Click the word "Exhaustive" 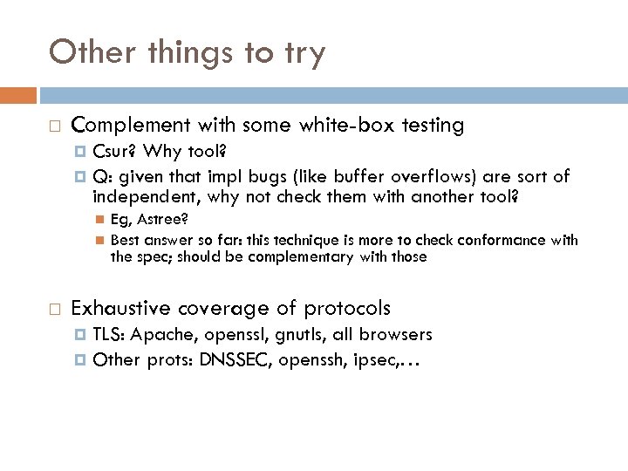[x=121, y=308]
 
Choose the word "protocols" [x=347, y=309]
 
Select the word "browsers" [x=395, y=335]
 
